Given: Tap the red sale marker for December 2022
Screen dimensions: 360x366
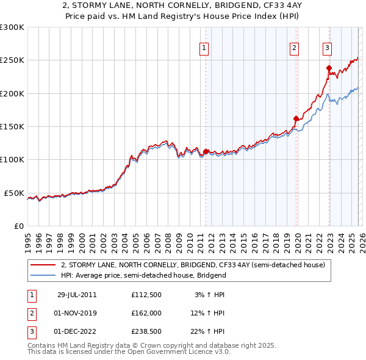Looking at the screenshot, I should (329, 68).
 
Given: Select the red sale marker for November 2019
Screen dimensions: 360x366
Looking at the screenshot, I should (296, 118).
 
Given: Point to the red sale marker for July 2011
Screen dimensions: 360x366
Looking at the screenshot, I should (206, 151).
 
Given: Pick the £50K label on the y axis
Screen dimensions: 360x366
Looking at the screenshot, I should (14, 193).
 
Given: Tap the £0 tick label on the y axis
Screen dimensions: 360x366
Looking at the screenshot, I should (19, 226).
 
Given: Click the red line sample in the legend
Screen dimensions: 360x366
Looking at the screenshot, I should (43, 265).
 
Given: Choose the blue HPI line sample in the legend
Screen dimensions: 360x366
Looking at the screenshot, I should (43, 275).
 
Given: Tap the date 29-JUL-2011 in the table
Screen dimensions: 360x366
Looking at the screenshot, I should (77, 295).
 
